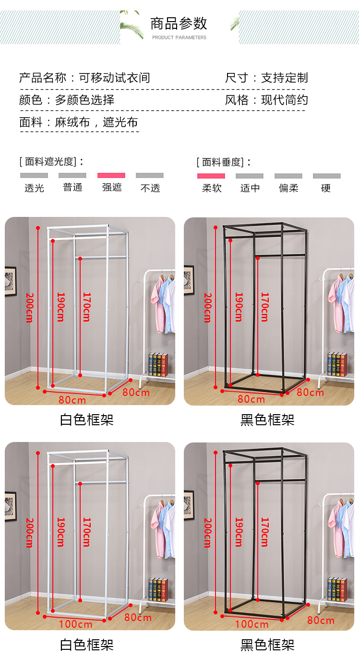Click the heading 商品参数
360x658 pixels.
pyautogui.click(x=179, y=24)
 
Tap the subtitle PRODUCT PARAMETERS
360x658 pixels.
pyautogui.click(x=179, y=37)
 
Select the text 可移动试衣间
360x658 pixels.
pyautogui.click(x=114, y=78)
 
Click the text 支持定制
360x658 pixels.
pyautogui.click(x=285, y=78)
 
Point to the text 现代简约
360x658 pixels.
pyautogui.click(x=285, y=100)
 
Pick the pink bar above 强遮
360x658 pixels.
pyautogui.click(x=111, y=175)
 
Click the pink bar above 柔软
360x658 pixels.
pyautogui.click(x=211, y=176)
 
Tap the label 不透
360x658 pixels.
pyautogui.click(x=150, y=188)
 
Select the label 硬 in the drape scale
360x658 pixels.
pyautogui.click(x=325, y=188)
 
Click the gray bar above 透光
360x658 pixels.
pyautogui.click(x=34, y=175)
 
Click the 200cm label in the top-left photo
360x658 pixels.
pyautogui.click(x=30, y=308)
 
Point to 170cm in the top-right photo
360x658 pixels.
pyautogui.click(x=265, y=307)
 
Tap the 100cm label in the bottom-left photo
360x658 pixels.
pyautogui.click(x=75, y=624)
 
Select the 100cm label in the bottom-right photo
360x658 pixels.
pyautogui.click(x=252, y=624)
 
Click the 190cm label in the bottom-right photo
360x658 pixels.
pyautogui.click(x=239, y=532)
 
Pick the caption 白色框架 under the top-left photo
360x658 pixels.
pyautogui.click(x=87, y=419)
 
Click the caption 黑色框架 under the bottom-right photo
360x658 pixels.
pyautogui.click(x=267, y=645)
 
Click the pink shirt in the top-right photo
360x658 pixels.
pyautogui.click(x=335, y=306)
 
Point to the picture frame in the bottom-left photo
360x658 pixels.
pyautogui.click(x=11, y=506)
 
